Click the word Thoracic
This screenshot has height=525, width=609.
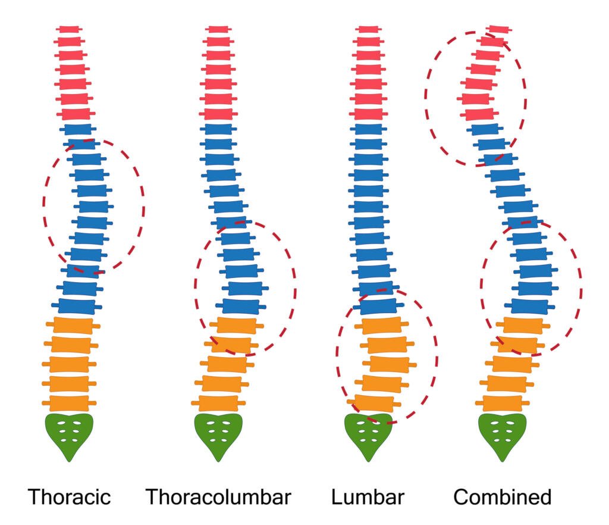pos(70,496)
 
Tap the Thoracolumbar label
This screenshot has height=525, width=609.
pos(218,496)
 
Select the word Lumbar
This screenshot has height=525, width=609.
pos(368,496)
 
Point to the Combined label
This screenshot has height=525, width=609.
pos(502,496)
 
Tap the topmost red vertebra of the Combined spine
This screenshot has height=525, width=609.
pos(499,29)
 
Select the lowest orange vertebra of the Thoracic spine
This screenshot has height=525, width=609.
pos(69,402)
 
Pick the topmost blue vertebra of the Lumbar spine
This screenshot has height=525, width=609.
pos(368,129)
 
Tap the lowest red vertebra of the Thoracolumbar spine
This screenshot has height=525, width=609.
pos(218,114)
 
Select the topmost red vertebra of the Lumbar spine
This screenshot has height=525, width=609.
pos(368,29)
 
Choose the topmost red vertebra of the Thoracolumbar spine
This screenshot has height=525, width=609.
pos(218,29)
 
